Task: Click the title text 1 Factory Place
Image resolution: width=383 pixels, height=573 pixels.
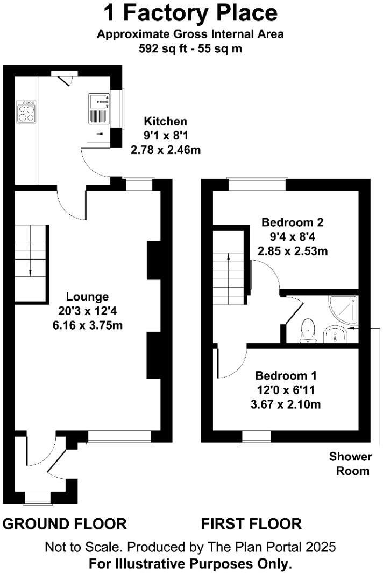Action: (190, 13)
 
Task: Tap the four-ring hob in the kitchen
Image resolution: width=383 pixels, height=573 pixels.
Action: (27, 111)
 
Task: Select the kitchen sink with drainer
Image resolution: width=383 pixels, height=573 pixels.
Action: (99, 109)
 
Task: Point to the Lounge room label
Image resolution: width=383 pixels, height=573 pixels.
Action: (87, 297)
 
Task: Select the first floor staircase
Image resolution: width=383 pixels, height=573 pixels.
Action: (229, 277)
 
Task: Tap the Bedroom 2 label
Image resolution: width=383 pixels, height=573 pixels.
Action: (293, 222)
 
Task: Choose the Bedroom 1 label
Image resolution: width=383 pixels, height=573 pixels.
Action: (286, 375)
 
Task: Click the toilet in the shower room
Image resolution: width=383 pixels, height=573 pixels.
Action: (308, 330)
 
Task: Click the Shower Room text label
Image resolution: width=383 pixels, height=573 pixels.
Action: (351, 464)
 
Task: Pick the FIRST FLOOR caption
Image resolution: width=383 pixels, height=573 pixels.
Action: (251, 523)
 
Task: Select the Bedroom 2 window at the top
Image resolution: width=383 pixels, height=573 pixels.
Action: (256, 184)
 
